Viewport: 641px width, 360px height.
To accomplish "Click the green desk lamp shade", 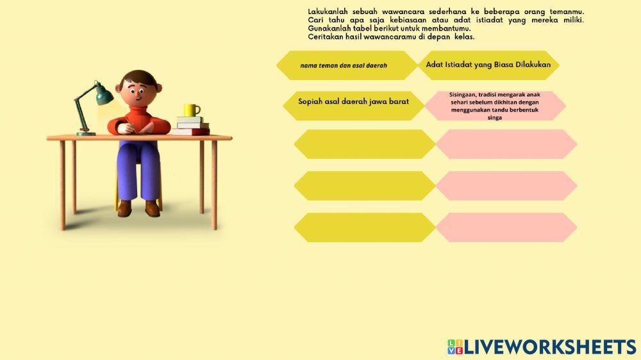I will coord(103,97).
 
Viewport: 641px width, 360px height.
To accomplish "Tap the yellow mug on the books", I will coord(191,110).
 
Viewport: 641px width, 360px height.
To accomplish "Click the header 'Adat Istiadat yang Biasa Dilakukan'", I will coord(488,65).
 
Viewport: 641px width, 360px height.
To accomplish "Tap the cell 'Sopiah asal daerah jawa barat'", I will coord(353,102).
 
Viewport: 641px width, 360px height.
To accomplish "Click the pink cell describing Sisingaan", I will coord(494,106).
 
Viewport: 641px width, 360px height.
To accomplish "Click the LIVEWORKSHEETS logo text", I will coord(550,347).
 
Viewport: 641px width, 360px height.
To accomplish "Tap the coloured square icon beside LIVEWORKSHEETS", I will coord(454,347).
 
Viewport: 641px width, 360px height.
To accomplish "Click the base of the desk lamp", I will coord(86,133).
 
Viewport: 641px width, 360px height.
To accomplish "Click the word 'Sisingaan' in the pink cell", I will coord(463,95).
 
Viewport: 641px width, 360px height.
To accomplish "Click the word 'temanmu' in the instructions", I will coord(567,12).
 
